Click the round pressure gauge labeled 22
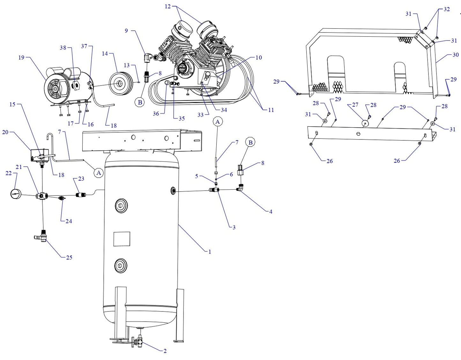[16, 194]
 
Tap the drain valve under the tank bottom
[138, 343]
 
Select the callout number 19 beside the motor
[21, 58]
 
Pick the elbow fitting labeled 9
[148, 58]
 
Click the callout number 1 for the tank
[210, 252]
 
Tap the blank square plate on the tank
[122, 239]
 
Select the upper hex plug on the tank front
[121, 206]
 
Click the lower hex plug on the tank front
[121, 266]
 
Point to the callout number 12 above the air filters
[168, 6]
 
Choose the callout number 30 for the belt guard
[456, 55]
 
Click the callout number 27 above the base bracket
[355, 105]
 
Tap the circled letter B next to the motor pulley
[140, 102]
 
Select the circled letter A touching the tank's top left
[99, 173]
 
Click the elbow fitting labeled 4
[240, 189]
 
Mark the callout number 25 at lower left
[69, 258]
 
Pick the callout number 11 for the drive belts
[271, 110]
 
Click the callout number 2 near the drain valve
[165, 351]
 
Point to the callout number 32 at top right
[447, 9]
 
